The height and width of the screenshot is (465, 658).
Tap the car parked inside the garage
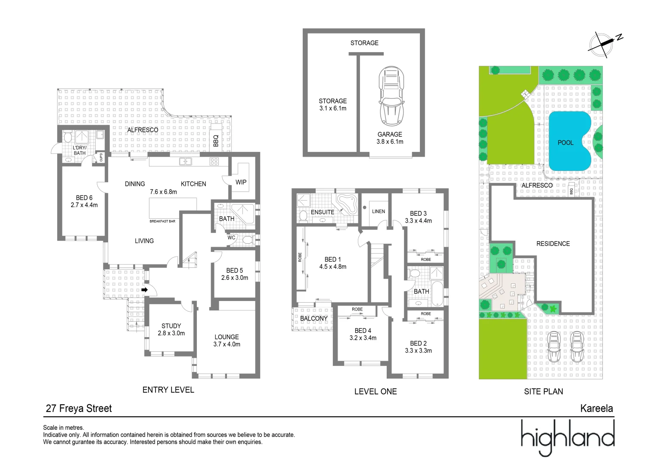[x=391, y=96]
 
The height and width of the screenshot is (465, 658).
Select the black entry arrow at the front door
[x=145, y=290]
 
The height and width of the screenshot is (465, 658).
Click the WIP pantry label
[x=241, y=182]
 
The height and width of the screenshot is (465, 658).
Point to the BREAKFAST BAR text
[x=162, y=221]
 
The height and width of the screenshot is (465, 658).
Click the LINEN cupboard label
[x=379, y=211]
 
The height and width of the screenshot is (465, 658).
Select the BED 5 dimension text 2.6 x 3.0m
[x=235, y=278]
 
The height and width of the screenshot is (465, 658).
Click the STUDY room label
[x=171, y=326]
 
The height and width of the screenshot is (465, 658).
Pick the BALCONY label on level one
[x=313, y=319]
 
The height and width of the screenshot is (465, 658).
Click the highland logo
[x=567, y=437]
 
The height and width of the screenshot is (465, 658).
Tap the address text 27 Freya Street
[x=79, y=409]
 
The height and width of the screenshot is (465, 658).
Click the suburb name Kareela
[x=596, y=409]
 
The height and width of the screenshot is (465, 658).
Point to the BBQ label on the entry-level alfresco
[x=216, y=140]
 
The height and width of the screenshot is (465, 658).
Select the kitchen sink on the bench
[x=186, y=161]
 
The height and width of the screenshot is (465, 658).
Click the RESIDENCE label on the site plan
[x=553, y=244]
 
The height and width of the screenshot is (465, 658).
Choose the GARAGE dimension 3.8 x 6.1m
[x=390, y=142]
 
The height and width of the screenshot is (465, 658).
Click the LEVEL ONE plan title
[x=375, y=391]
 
